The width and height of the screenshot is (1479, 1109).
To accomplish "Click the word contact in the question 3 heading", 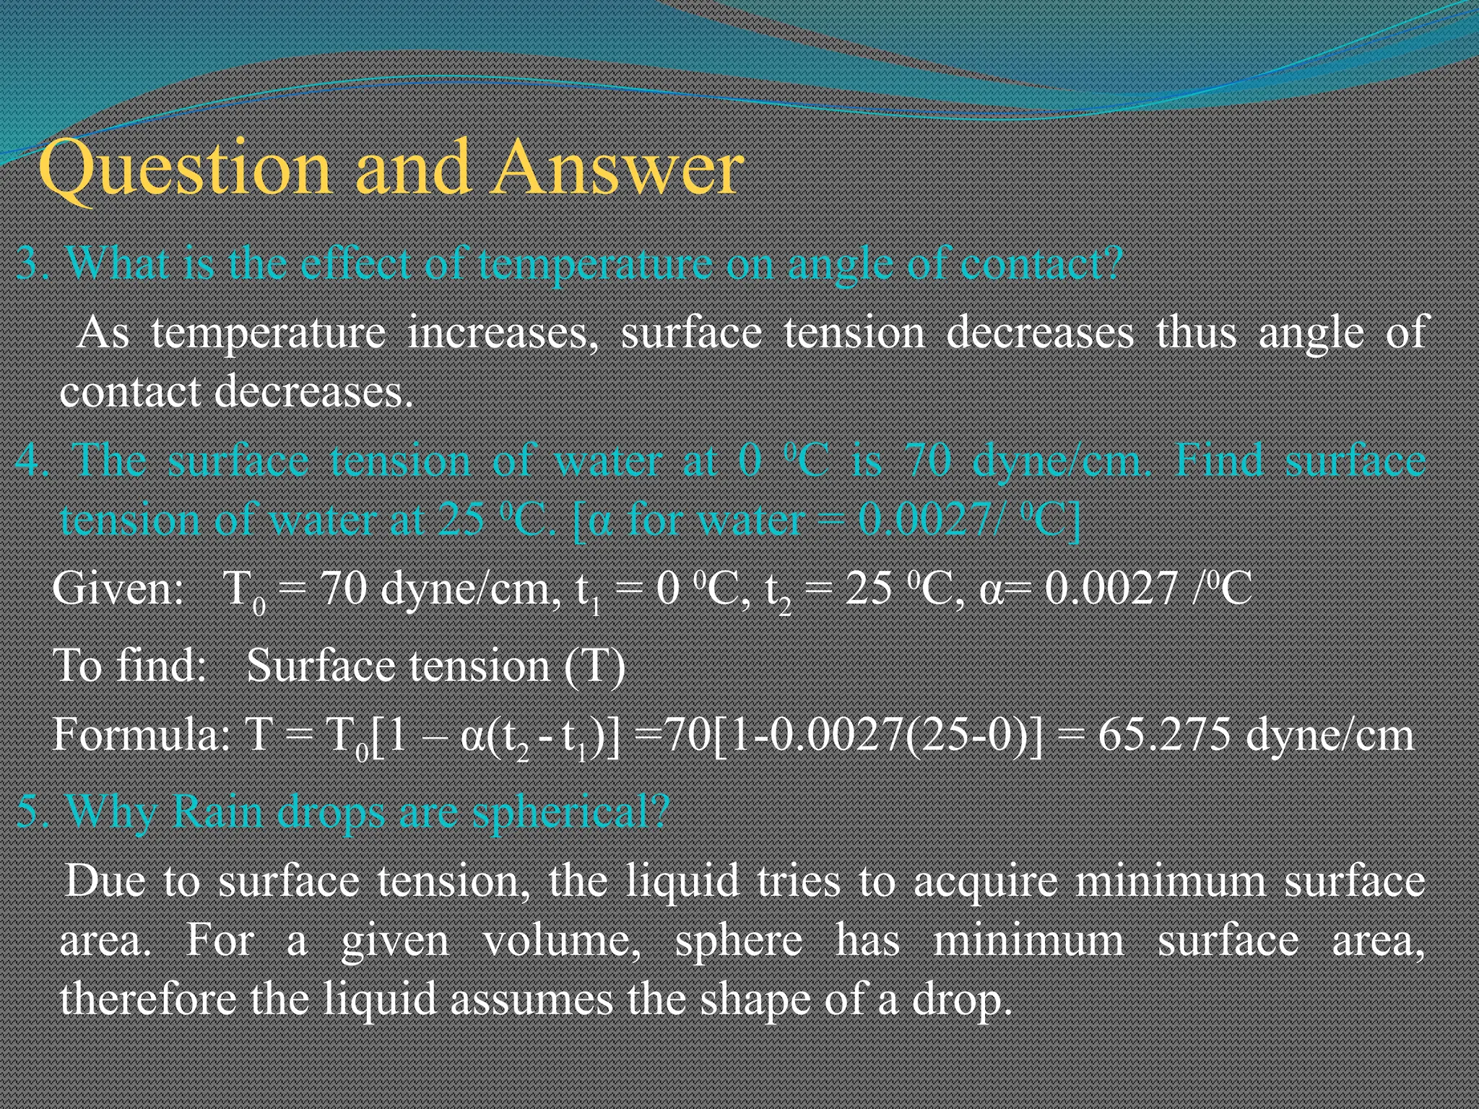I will pyautogui.click(x=1041, y=264).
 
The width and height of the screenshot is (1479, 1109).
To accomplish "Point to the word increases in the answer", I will pyautogui.click(x=503, y=334).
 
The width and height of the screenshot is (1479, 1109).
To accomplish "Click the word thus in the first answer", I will pyautogui.click(x=1196, y=334).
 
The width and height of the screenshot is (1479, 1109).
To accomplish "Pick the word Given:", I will pyautogui.click(x=119, y=589).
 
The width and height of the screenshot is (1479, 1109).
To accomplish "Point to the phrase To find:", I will pyautogui.click(x=130, y=666).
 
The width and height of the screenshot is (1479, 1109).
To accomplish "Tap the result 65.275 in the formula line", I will pyautogui.click(x=1164, y=736).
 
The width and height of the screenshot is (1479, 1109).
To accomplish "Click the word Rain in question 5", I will pyautogui.click(x=217, y=813).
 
